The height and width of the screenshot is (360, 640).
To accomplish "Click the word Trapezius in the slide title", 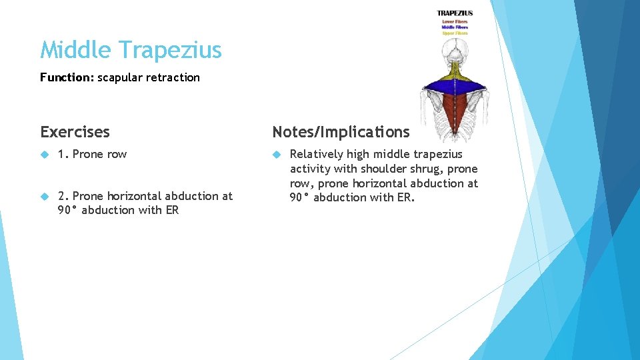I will click(170, 50).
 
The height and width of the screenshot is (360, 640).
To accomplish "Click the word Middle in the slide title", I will click(77, 50).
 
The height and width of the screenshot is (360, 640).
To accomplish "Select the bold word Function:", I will click(67, 77).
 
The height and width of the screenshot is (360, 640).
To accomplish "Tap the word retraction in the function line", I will click(174, 77).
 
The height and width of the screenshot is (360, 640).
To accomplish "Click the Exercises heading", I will click(75, 132).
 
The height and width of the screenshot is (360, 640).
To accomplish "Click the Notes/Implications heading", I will click(341, 132).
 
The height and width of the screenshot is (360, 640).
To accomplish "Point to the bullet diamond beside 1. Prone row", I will click(45, 155).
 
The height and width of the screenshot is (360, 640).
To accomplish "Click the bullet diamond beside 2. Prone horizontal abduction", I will click(45, 197).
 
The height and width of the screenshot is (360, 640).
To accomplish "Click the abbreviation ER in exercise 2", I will click(172, 211).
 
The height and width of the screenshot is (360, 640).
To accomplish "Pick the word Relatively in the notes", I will click(316, 155).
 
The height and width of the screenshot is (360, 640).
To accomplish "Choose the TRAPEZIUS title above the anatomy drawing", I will click(455, 13).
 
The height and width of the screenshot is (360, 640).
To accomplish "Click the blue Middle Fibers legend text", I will click(455, 27).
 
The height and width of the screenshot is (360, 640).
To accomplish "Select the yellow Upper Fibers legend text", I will click(455, 33).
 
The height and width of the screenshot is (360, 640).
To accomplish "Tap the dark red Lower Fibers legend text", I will click(455, 21).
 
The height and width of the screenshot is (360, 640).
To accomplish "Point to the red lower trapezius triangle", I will click(455, 110).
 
